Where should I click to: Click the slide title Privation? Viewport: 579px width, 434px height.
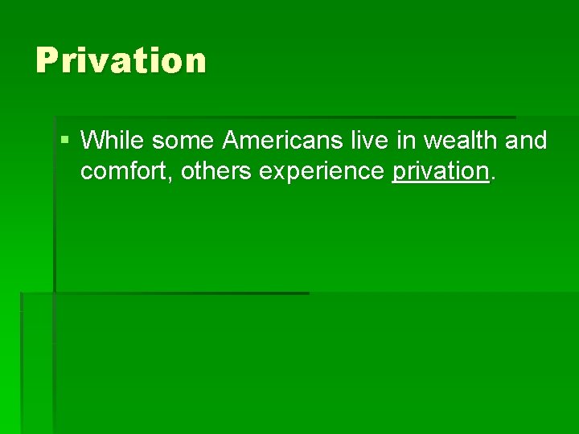[x=121, y=60]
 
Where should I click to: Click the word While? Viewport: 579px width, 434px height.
[x=113, y=141]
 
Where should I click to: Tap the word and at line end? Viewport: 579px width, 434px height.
[x=527, y=141]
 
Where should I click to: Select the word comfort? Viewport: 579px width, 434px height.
[x=126, y=170]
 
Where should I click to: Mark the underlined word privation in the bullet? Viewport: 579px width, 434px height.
[x=440, y=171]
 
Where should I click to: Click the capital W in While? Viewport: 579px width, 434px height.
[x=93, y=141]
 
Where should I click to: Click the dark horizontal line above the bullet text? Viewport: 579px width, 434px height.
[x=281, y=117]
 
